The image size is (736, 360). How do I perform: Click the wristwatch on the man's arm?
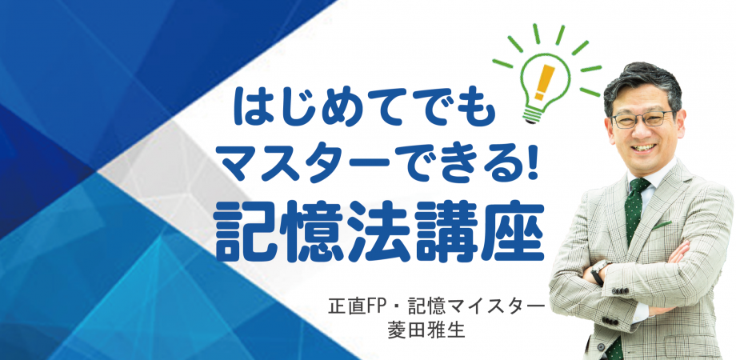[599, 269]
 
